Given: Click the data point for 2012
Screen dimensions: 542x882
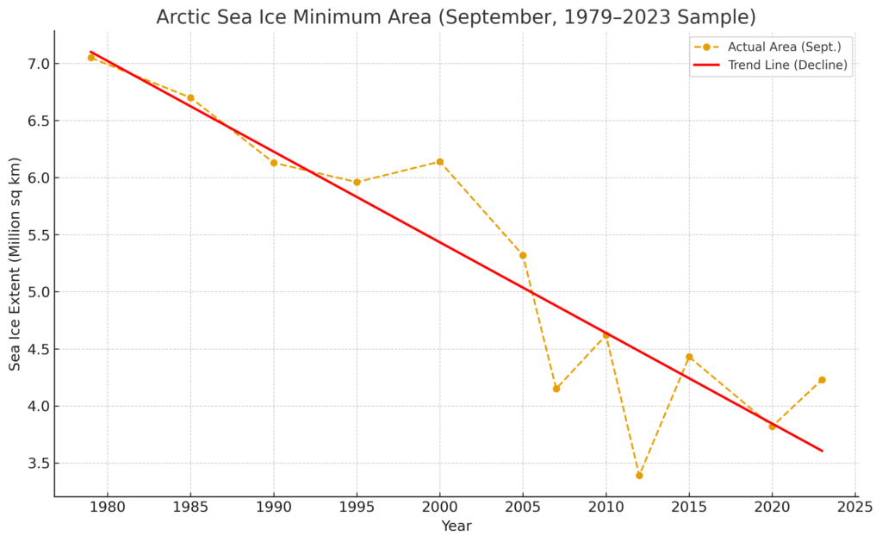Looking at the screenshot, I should point(639,475).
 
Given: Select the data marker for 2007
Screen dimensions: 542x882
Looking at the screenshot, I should point(556,389).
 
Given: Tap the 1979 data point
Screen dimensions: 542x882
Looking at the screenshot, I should point(90,58).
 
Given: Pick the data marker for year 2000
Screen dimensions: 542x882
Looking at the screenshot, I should point(439,161).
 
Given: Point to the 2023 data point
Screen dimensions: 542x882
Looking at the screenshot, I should point(822,380).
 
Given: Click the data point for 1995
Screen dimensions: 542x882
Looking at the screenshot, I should point(357,182).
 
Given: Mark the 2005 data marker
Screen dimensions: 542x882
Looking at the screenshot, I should point(523,255).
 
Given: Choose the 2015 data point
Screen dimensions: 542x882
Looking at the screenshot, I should point(689,357).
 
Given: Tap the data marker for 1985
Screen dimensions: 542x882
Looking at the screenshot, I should point(190,97).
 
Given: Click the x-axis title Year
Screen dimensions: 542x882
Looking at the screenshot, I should point(456,526).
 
